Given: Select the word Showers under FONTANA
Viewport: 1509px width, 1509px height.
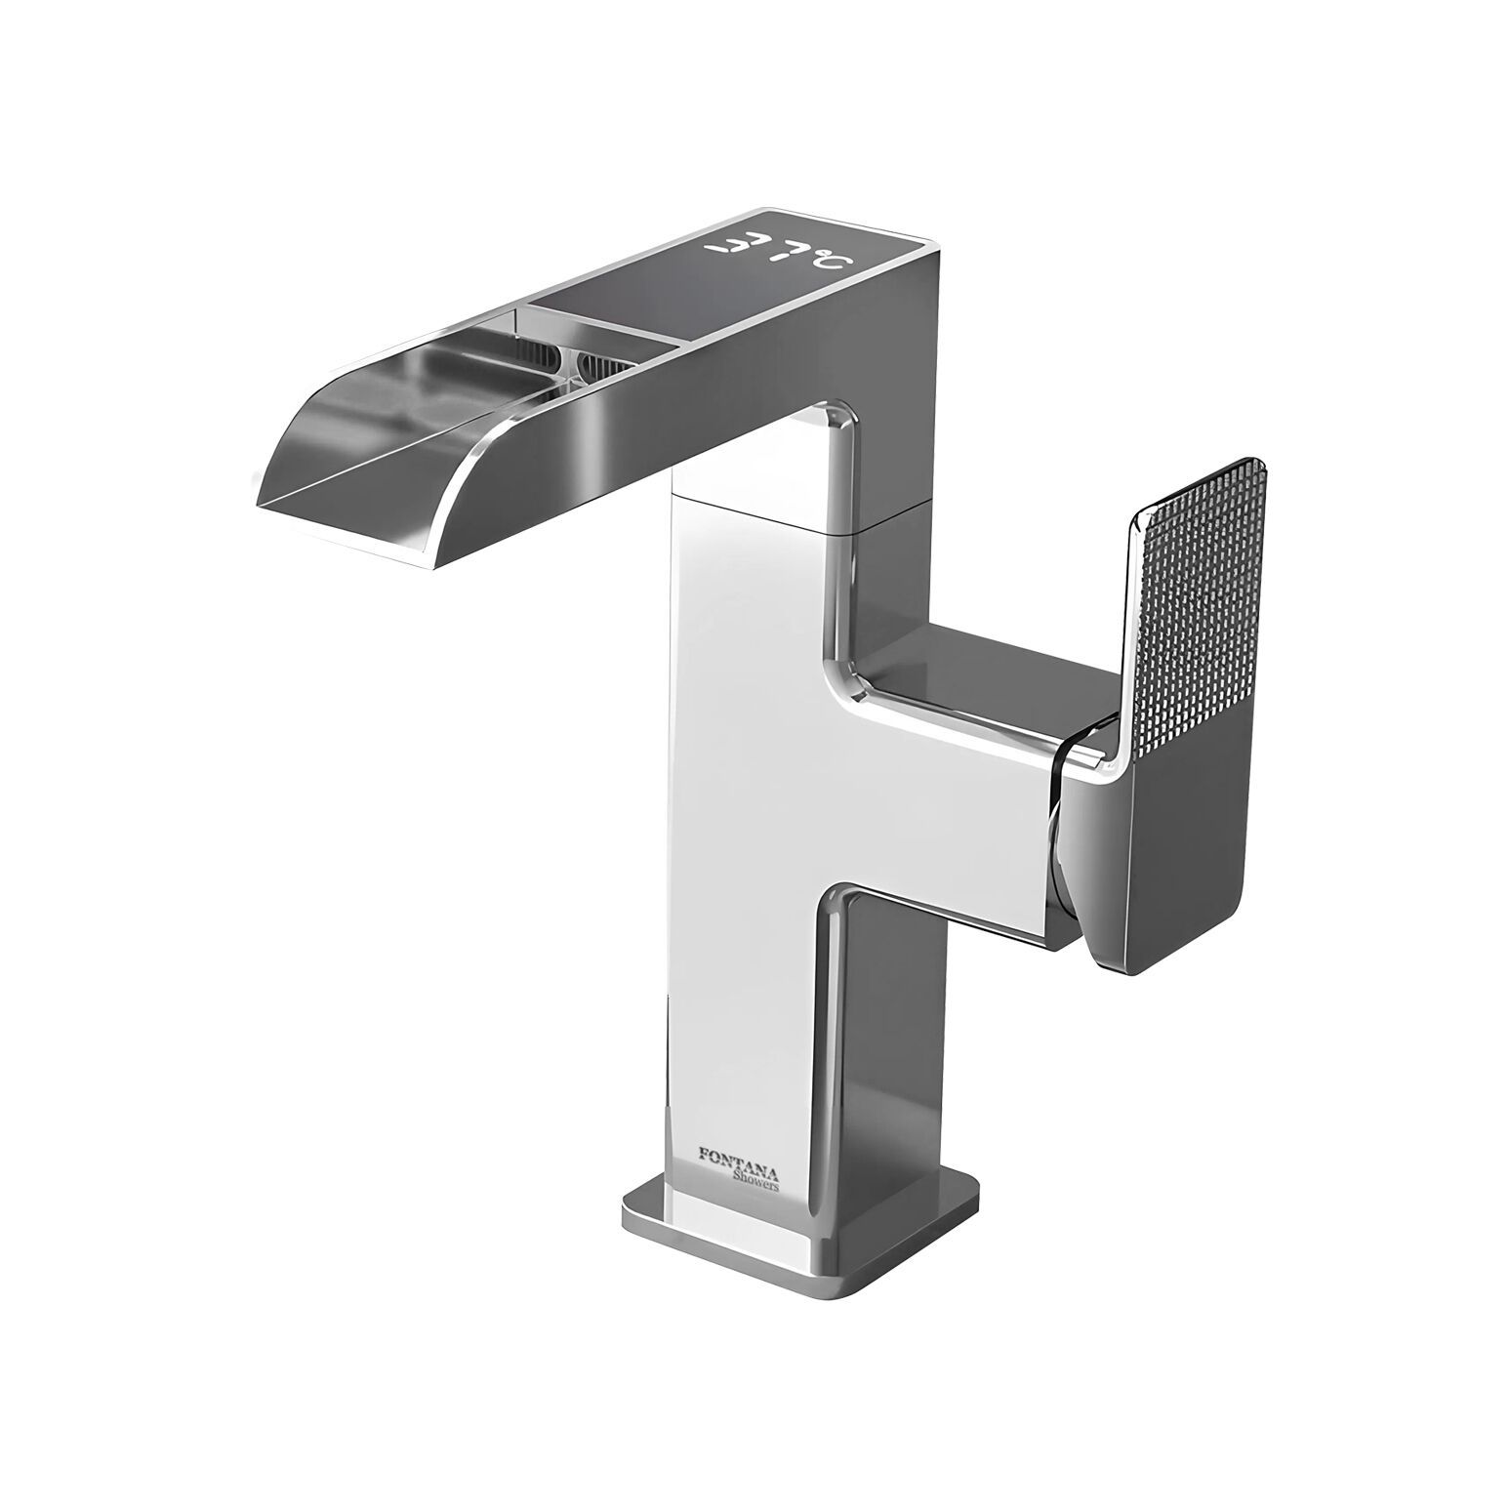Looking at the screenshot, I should coord(755,1181).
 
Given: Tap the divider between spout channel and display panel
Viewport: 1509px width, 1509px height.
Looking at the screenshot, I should coord(522,322).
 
